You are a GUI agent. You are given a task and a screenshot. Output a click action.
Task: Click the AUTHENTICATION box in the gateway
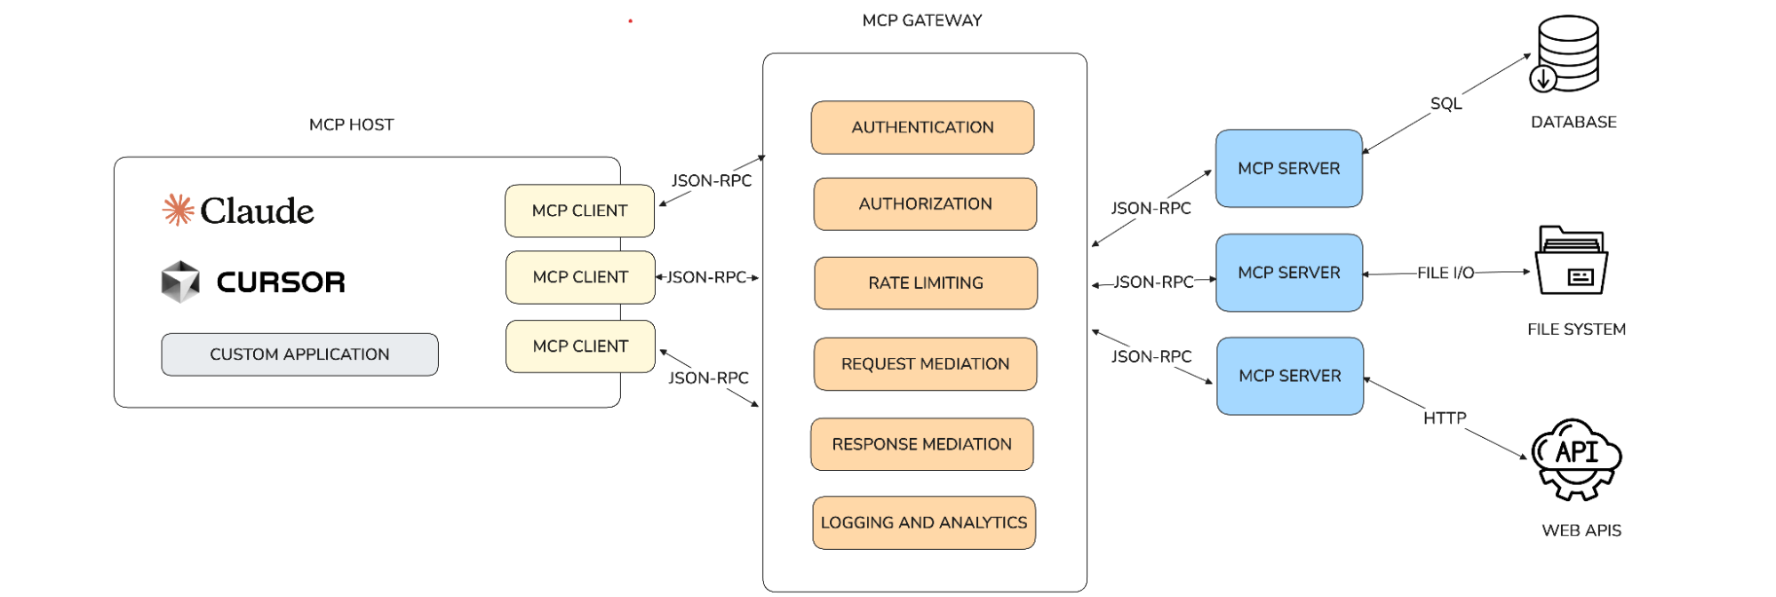(x=922, y=127)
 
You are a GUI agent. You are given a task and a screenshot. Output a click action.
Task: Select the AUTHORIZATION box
(x=925, y=204)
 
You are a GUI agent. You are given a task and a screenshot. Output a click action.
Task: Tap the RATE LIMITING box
(x=925, y=283)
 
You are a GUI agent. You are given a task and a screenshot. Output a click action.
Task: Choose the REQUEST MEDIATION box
(x=925, y=364)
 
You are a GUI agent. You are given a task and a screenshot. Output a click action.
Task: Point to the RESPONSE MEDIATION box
(x=921, y=444)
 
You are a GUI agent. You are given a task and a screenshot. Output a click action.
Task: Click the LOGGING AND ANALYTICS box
(x=923, y=523)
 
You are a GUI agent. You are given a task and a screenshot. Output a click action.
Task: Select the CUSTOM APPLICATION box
(x=299, y=354)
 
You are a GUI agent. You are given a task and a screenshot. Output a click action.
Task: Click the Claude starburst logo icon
(x=178, y=210)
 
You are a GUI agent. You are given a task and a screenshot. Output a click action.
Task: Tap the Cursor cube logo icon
(x=180, y=282)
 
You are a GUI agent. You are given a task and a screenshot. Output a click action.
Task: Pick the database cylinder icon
(x=1566, y=54)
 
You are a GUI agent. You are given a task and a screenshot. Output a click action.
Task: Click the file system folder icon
(x=1571, y=260)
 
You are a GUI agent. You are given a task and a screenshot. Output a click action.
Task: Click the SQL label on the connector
(x=1445, y=104)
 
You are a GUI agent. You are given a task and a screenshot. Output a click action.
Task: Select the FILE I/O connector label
(x=1445, y=273)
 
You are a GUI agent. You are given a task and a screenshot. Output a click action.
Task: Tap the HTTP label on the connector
(x=1445, y=418)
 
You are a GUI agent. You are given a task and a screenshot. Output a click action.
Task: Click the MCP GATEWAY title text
(x=921, y=20)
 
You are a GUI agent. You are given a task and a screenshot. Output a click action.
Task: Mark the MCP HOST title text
(x=351, y=125)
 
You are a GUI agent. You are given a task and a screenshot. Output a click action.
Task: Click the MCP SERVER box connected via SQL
(x=1288, y=169)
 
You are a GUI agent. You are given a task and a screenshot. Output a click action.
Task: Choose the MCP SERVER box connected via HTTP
(x=1289, y=376)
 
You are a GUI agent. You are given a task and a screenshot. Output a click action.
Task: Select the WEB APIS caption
(x=1581, y=530)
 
